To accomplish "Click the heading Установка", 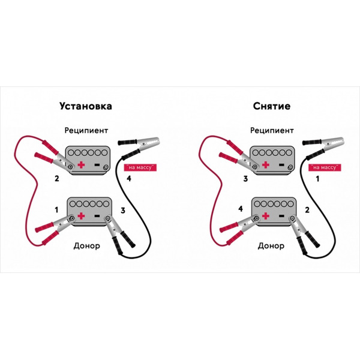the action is tap(86, 106).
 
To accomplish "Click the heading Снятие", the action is tap(272, 106).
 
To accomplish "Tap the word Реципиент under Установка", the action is tap(86, 131).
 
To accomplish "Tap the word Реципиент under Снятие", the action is tap(272, 131).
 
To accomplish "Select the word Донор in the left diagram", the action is tap(87, 246).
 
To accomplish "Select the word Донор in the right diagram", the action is tap(271, 246).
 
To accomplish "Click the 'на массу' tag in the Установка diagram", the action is tap(140, 167).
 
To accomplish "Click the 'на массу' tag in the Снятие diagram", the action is tap(325, 167).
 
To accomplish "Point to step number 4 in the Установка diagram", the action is tap(129, 178).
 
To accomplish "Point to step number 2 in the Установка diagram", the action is tap(57, 178).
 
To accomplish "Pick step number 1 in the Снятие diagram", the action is tap(318, 178).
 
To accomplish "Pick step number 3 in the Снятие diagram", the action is tap(245, 178).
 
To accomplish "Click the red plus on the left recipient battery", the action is tap(81, 164).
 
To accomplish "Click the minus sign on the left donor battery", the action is tap(97, 216).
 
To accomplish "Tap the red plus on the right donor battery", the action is tap(266, 216).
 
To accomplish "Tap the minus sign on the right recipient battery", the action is tap(281, 164).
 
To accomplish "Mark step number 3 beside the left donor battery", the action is tap(123, 211).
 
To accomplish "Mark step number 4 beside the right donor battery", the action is tap(241, 209).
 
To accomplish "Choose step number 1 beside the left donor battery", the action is tap(56, 210).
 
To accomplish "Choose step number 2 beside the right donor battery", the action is tap(307, 210).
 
